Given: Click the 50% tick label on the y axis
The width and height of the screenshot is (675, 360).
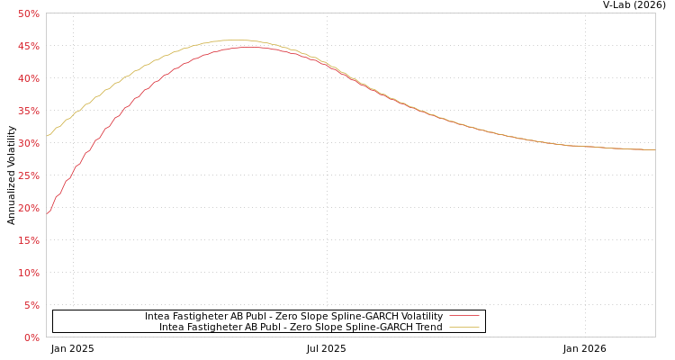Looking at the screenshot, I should pyautogui.click(x=28, y=13).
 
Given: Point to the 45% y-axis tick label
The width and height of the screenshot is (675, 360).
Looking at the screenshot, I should pyautogui.click(x=28, y=46).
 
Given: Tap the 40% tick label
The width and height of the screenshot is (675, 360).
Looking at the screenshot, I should pyautogui.click(x=28, y=78).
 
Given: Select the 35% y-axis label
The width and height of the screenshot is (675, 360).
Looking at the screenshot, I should pyautogui.click(x=28, y=111).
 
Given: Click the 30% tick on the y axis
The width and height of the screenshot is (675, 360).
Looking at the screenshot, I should pyautogui.click(x=28, y=143).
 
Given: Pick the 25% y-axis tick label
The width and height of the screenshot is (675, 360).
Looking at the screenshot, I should pyautogui.click(x=28, y=175).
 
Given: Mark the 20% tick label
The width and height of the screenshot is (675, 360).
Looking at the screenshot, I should pyautogui.click(x=28, y=208).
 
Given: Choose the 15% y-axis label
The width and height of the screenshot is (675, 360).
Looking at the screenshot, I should pyautogui.click(x=28, y=240).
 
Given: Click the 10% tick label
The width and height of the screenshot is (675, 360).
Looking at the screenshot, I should pyautogui.click(x=28, y=273).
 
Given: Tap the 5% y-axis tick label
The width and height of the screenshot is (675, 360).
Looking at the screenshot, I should pyautogui.click(x=31, y=305).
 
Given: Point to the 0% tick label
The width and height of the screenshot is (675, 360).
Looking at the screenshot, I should pyautogui.click(x=31, y=337).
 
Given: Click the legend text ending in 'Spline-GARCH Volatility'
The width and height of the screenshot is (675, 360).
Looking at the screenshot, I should pyautogui.click(x=293, y=316).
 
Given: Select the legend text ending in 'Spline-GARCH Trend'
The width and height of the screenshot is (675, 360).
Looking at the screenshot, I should pyautogui.click(x=301, y=327).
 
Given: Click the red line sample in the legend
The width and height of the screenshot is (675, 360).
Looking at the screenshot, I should pyautogui.click(x=463, y=316).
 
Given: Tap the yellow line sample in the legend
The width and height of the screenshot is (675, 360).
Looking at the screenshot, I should pyautogui.click(x=463, y=327).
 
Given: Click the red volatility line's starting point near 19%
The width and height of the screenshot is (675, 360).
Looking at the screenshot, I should pyautogui.click(x=47, y=213).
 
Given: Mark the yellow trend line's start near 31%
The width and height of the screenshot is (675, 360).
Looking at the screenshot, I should pyautogui.click(x=47, y=136).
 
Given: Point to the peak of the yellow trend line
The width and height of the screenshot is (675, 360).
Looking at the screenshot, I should pyautogui.click(x=234, y=40).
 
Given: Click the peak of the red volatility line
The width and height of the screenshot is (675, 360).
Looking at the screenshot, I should pyautogui.click(x=247, y=47).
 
